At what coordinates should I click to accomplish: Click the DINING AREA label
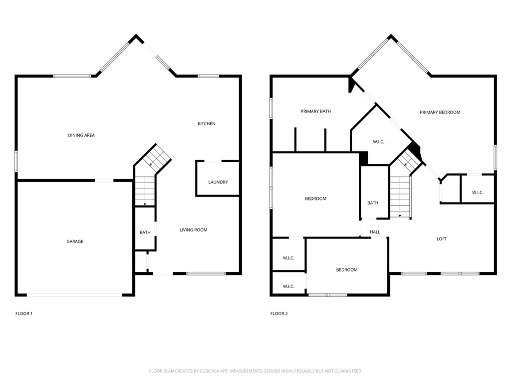[x=81, y=135]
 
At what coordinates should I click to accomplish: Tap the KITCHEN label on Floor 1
[x=207, y=123]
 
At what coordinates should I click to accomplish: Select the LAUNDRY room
[x=218, y=182]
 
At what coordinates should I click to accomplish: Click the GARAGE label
[x=75, y=241]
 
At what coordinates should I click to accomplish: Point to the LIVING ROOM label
[x=193, y=230]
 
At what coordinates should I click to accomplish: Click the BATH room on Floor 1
[x=145, y=232]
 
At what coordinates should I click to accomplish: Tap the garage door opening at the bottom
[x=74, y=295]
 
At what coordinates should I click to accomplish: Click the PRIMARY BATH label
[x=315, y=111]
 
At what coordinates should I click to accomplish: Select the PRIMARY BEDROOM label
[x=440, y=112]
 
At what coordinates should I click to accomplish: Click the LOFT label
[x=442, y=239]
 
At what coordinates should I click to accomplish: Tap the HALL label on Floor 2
[x=375, y=232]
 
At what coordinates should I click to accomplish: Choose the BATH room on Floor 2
[x=373, y=202]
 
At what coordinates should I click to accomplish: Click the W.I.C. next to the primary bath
[x=378, y=142]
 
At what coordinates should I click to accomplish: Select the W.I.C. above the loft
[x=478, y=192]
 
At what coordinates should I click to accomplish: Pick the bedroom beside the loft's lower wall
[x=346, y=270]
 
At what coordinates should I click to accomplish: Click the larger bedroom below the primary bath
[x=315, y=198]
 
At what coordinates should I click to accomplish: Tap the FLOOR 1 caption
[x=24, y=313]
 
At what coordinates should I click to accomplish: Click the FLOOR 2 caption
[x=279, y=313]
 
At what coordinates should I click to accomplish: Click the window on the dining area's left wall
[x=16, y=161]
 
